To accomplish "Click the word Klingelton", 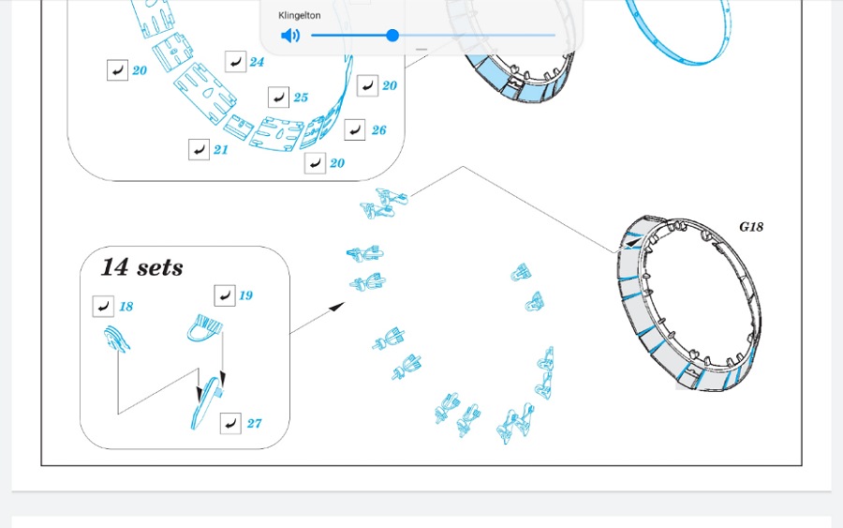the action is [x=300, y=16].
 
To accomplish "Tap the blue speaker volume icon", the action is [x=290, y=36].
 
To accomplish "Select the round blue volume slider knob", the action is [x=392, y=36].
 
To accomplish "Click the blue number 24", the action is [x=257, y=62].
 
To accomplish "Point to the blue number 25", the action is [x=301, y=98].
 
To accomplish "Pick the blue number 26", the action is [x=378, y=130].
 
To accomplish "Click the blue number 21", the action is [x=220, y=150].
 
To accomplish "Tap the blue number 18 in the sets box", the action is [x=126, y=307].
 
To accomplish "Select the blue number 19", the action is [x=245, y=295].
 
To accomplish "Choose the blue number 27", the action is [x=254, y=424].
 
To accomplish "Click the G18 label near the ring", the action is [x=751, y=227].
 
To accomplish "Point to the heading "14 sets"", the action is [x=142, y=267].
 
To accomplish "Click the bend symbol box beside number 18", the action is [x=103, y=307].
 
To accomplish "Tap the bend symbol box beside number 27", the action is [x=230, y=424].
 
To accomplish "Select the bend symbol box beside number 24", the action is [x=235, y=62].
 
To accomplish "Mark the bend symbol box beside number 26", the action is [x=355, y=129].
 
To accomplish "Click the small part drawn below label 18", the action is [x=117, y=339].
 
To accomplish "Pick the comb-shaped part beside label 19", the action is [x=205, y=328].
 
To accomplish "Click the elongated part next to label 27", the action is [x=207, y=403].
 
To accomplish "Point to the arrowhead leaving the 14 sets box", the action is [x=337, y=307].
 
